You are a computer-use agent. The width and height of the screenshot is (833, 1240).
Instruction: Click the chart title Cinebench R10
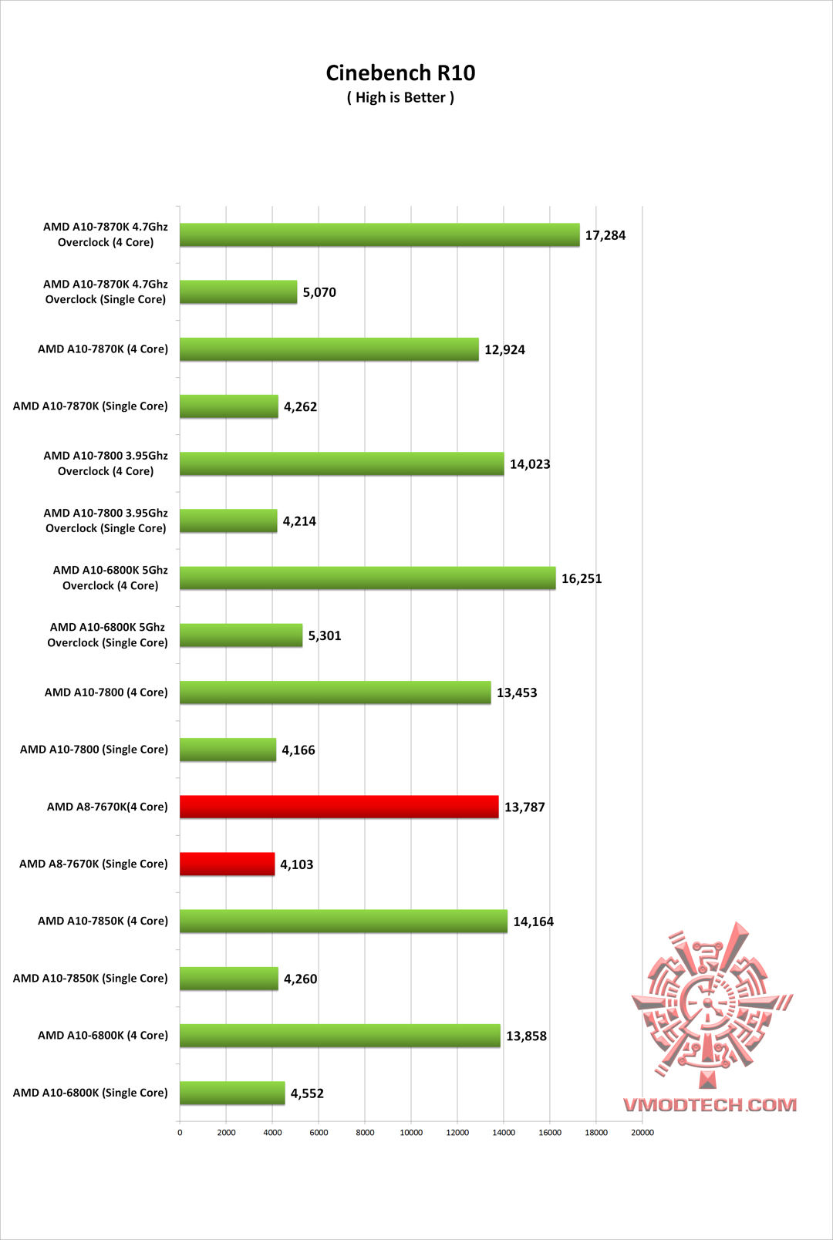pyautogui.click(x=400, y=72)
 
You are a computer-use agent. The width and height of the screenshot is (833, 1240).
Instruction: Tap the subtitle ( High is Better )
pyautogui.click(x=400, y=98)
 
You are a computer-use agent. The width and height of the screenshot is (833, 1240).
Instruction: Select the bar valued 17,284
pyautogui.click(x=379, y=235)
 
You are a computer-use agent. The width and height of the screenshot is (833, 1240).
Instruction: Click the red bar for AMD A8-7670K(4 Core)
pyautogui.click(x=339, y=807)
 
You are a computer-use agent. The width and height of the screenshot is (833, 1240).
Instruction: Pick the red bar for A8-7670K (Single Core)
pyautogui.click(x=228, y=864)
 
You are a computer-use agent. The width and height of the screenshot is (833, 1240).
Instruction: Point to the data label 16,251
pyautogui.click(x=582, y=578)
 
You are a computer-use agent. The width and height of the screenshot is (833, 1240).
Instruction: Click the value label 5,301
pyautogui.click(x=325, y=635)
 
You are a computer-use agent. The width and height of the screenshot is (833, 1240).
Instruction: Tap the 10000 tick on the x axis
pyautogui.click(x=411, y=1133)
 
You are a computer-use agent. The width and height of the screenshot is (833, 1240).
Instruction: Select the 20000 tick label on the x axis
pyautogui.click(x=642, y=1133)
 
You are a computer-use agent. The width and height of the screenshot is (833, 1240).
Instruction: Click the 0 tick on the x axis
pyautogui.click(x=180, y=1133)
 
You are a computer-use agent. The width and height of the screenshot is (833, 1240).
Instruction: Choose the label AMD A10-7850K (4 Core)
pyautogui.click(x=103, y=921)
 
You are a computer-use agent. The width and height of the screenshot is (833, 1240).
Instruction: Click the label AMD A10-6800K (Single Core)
pyautogui.click(x=90, y=1093)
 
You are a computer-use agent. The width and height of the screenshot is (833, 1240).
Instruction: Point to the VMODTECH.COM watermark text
pyautogui.click(x=710, y=1105)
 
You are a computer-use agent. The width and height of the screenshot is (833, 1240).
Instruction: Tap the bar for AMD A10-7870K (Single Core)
pyautogui.click(x=229, y=406)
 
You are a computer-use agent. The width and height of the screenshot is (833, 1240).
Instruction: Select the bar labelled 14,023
pyautogui.click(x=342, y=463)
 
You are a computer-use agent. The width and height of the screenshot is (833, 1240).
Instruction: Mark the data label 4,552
pyautogui.click(x=307, y=1093)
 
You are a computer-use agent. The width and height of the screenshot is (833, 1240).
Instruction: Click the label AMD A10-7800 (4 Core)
pyautogui.click(x=106, y=692)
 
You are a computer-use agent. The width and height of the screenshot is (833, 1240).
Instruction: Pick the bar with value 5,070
pyautogui.click(x=238, y=292)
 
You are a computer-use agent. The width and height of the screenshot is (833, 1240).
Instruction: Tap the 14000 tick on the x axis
pyautogui.click(x=504, y=1133)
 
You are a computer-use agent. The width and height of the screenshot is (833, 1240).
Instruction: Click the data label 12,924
pyautogui.click(x=504, y=349)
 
